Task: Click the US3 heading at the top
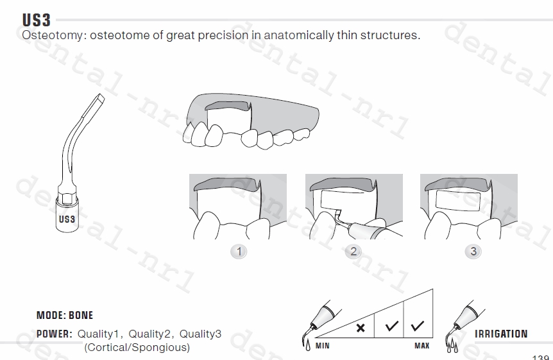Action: (x=37, y=20)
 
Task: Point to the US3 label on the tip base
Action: (x=67, y=219)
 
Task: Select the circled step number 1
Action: (x=239, y=252)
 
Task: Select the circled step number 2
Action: (x=353, y=252)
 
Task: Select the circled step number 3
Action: (x=473, y=252)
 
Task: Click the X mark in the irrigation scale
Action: (x=361, y=328)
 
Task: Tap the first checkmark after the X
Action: (x=391, y=326)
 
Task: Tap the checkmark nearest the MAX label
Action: (x=417, y=326)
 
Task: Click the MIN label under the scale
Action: (x=322, y=346)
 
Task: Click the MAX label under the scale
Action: (x=421, y=346)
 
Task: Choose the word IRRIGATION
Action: (x=501, y=334)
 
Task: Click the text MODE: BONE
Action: (x=65, y=315)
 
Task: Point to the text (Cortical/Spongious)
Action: (x=137, y=347)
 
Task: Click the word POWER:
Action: (x=55, y=334)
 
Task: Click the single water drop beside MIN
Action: (x=308, y=345)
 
